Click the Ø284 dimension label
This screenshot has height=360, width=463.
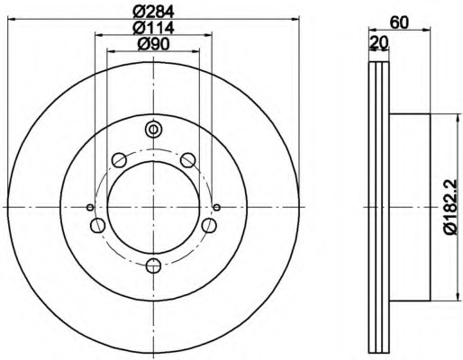(x=153, y=12)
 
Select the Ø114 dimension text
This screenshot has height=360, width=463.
(x=153, y=28)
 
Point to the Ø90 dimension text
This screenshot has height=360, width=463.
(x=153, y=45)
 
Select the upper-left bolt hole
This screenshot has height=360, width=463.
(x=118, y=160)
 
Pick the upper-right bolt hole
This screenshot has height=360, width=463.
(x=187, y=160)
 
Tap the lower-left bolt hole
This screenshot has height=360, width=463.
(x=96, y=224)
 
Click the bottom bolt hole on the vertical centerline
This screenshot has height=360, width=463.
(x=152, y=265)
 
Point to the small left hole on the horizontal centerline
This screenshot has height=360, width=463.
(x=89, y=207)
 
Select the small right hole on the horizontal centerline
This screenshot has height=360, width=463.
(x=216, y=207)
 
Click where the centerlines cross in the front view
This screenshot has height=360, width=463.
(x=152, y=207)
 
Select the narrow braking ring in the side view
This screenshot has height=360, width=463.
(x=378, y=207)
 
